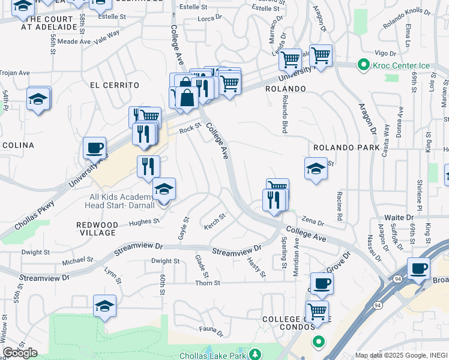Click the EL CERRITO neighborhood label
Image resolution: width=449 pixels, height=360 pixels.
114,85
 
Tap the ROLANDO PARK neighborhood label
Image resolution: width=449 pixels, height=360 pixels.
346,148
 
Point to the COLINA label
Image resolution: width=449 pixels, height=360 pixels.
18,145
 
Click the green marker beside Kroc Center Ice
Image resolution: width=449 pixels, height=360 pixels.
363,64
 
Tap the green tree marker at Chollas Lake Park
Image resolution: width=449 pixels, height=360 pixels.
255,354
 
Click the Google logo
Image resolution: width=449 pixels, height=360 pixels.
20,353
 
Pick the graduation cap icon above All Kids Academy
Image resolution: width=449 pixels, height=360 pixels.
164,189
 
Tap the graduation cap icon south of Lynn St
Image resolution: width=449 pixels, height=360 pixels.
105,305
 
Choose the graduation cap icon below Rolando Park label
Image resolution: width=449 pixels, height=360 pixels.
316,169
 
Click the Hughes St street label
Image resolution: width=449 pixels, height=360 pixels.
145,221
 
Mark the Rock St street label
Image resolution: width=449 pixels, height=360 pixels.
189,127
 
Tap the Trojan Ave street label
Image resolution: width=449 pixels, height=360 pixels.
14,73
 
